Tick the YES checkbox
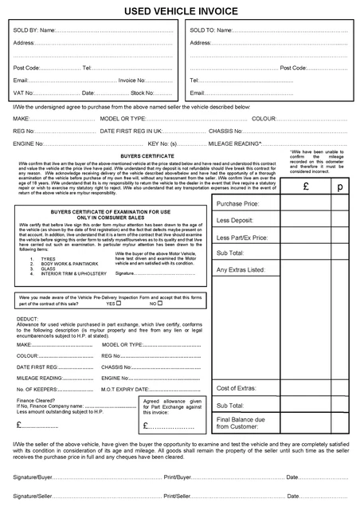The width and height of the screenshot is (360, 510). tap(118, 304)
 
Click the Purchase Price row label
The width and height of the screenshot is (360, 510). tap(238, 205)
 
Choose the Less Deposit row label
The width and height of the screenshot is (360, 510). tap(235, 220)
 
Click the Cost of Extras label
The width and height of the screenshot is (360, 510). tap(237, 388)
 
